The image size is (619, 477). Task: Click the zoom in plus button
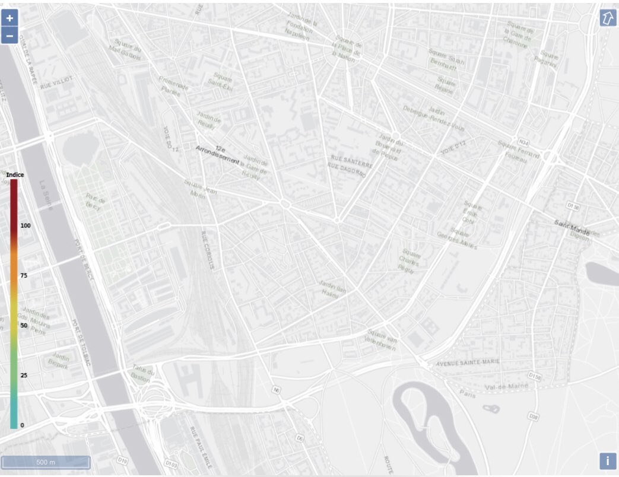tap(9, 17)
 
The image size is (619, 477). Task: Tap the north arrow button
tap(608, 18)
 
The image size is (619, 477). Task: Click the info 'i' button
tap(608, 461)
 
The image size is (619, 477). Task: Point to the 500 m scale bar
tap(46, 462)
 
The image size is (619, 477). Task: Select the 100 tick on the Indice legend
tap(26, 226)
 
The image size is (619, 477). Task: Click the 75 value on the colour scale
tap(24, 276)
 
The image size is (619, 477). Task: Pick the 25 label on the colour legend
tap(24, 376)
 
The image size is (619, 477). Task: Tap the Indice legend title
tap(15, 175)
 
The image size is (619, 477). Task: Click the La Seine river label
tap(46, 195)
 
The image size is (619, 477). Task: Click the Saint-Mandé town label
tap(572, 223)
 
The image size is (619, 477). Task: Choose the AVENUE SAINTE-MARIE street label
tap(468, 361)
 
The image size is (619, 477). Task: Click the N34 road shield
tap(523, 142)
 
